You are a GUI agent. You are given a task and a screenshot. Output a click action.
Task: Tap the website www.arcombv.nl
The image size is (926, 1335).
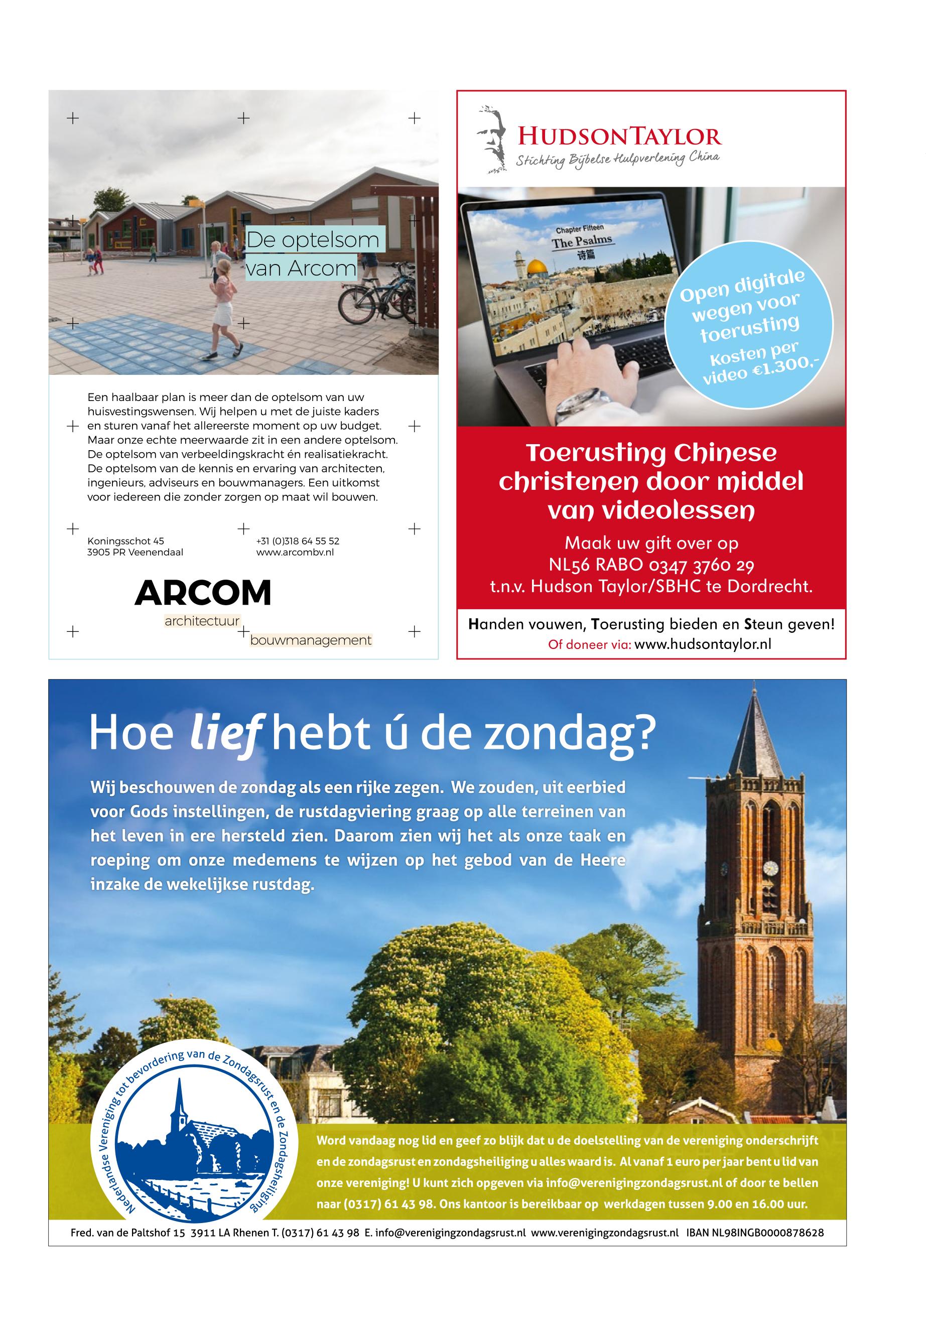[295, 553]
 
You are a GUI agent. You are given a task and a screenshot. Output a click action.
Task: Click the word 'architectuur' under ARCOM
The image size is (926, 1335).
[202, 621]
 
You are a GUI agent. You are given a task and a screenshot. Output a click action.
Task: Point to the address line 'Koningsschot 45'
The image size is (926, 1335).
[125, 541]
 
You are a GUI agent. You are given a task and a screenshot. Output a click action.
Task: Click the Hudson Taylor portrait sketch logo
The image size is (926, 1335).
[491, 139]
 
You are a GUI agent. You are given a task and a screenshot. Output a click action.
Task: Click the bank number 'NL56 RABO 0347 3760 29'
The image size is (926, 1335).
[651, 565]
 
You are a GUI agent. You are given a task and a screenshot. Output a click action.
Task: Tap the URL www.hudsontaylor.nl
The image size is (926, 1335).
[703, 644]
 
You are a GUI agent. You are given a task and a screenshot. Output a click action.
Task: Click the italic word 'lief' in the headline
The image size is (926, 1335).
[226, 734]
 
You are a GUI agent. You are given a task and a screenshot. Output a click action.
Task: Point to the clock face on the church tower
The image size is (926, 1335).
[770, 868]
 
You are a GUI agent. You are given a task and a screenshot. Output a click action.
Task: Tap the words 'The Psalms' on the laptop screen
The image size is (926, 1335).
[581, 242]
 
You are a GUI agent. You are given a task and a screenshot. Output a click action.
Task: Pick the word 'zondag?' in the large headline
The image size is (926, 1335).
[569, 734]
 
